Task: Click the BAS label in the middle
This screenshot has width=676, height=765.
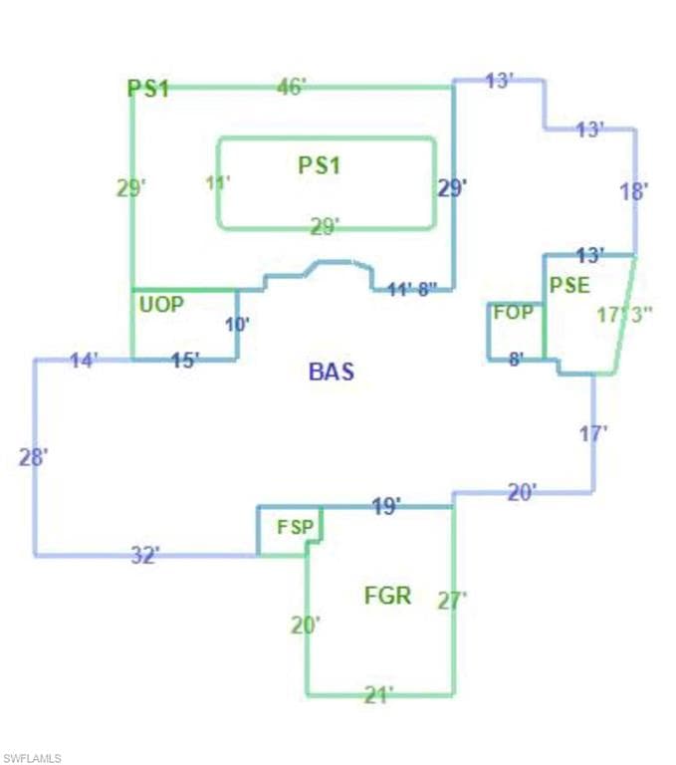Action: [x=332, y=372]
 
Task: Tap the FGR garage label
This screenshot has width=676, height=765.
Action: [x=387, y=596]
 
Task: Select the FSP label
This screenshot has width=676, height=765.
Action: [x=295, y=527]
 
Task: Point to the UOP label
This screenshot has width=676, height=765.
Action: [x=161, y=305]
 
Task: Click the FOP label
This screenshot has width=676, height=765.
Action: [x=513, y=312]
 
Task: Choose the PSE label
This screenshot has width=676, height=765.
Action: [x=569, y=286]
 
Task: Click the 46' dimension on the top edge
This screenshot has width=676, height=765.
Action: [x=292, y=87]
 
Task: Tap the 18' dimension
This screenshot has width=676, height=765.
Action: [x=634, y=191]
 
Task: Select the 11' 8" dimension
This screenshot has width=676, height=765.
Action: [x=412, y=290]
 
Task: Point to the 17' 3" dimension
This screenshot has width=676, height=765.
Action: [x=625, y=315]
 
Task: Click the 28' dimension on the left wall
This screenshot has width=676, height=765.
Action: [x=33, y=457]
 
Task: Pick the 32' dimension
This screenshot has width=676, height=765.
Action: [x=145, y=555]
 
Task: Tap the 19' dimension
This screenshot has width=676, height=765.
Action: [x=386, y=506]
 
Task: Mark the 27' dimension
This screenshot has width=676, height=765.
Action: [x=452, y=601]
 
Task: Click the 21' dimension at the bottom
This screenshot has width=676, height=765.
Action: [x=379, y=694]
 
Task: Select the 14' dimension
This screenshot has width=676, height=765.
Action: [x=85, y=361]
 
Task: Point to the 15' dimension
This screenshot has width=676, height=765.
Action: [x=185, y=361]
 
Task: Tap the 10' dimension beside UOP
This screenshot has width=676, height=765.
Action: [x=238, y=325]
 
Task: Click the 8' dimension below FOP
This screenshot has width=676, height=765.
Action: [x=517, y=360]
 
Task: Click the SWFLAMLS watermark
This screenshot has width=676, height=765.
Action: [x=32, y=758]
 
